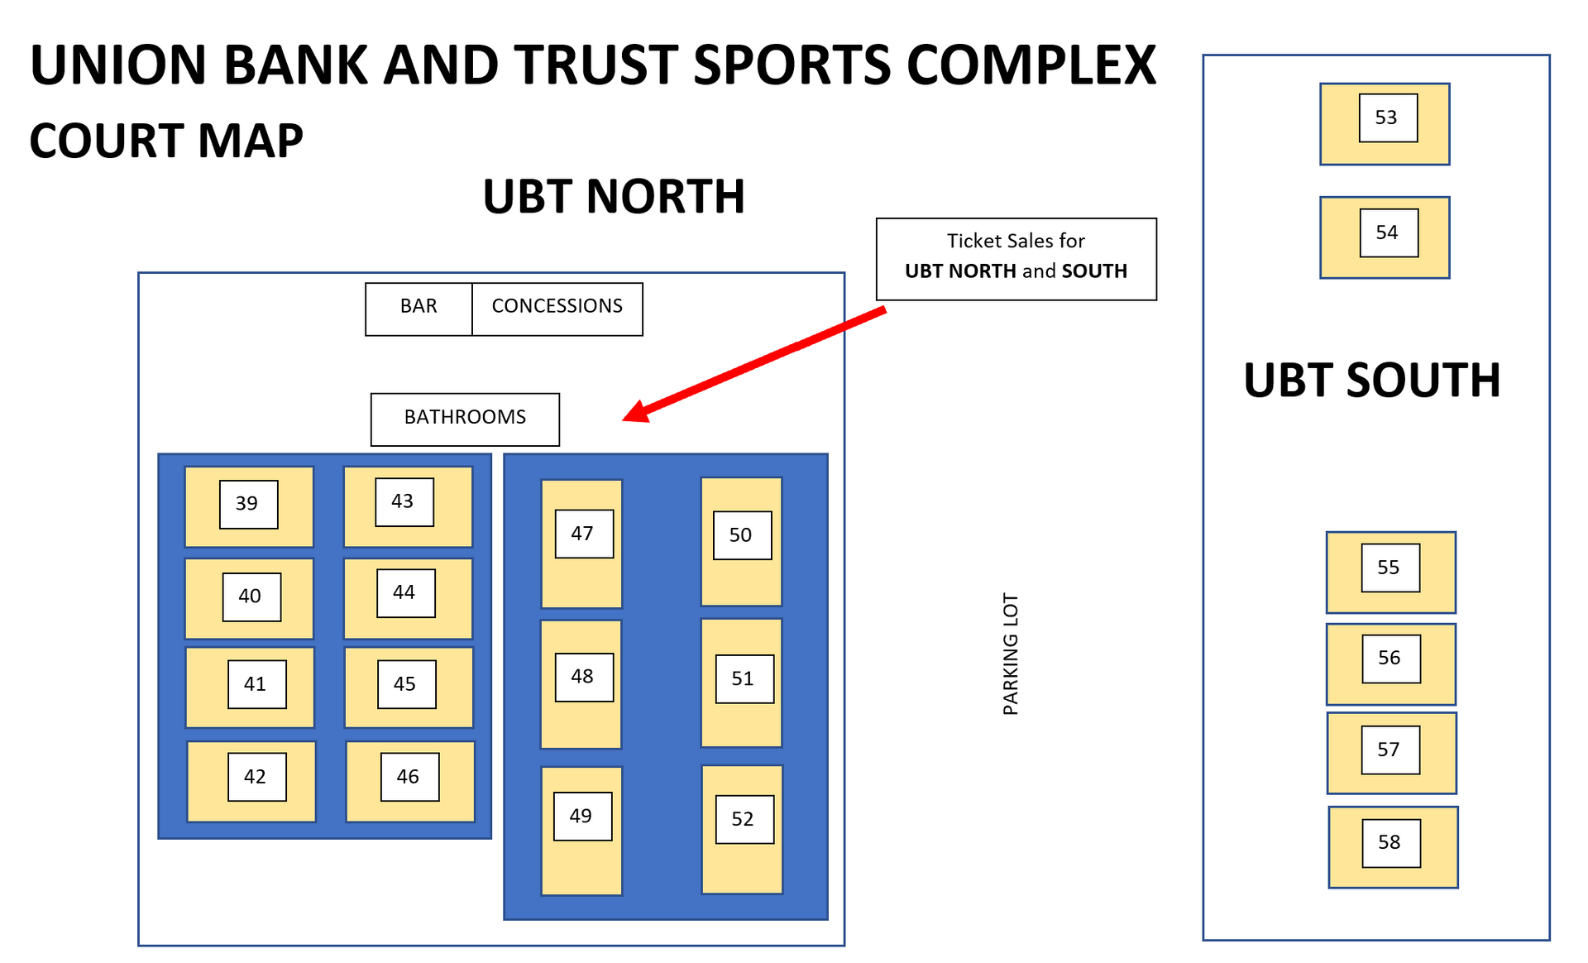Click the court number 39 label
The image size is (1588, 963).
click(x=248, y=504)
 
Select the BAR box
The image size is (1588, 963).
click(x=419, y=309)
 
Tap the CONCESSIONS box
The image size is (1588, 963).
click(x=557, y=309)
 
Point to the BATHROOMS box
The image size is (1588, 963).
click(x=465, y=419)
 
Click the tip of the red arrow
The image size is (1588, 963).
click(x=624, y=419)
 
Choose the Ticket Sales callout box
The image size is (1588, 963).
click(x=1016, y=258)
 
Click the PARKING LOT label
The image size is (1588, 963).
click(x=1011, y=654)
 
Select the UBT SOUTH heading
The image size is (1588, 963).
click(x=1372, y=381)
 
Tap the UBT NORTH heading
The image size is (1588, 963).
click(x=614, y=197)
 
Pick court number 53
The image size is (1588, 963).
click(x=1388, y=117)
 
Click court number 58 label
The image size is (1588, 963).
click(x=1391, y=842)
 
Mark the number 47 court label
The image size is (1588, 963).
click(x=584, y=534)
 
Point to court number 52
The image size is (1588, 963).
click(x=744, y=819)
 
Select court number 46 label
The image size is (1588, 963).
click(x=409, y=777)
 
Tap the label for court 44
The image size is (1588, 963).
click(x=405, y=592)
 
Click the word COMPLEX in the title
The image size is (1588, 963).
click(x=1031, y=65)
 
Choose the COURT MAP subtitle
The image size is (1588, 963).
click(x=166, y=141)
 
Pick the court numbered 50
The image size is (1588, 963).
click(x=742, y=535)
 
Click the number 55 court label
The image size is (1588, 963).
click(x=1390, y=568)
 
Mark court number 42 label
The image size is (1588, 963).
click(x=256, y=777)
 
